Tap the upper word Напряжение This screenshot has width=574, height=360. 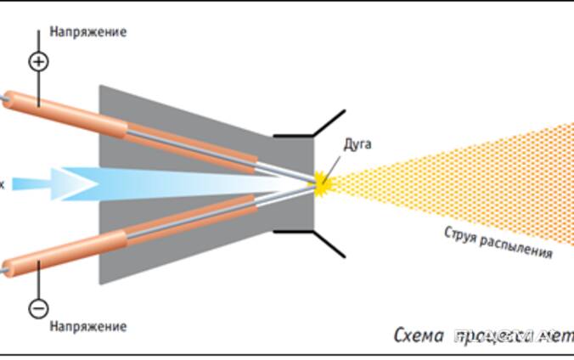click(87, 32)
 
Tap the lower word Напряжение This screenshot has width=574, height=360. click(87, 326)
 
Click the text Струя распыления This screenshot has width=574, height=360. click(498, 242)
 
